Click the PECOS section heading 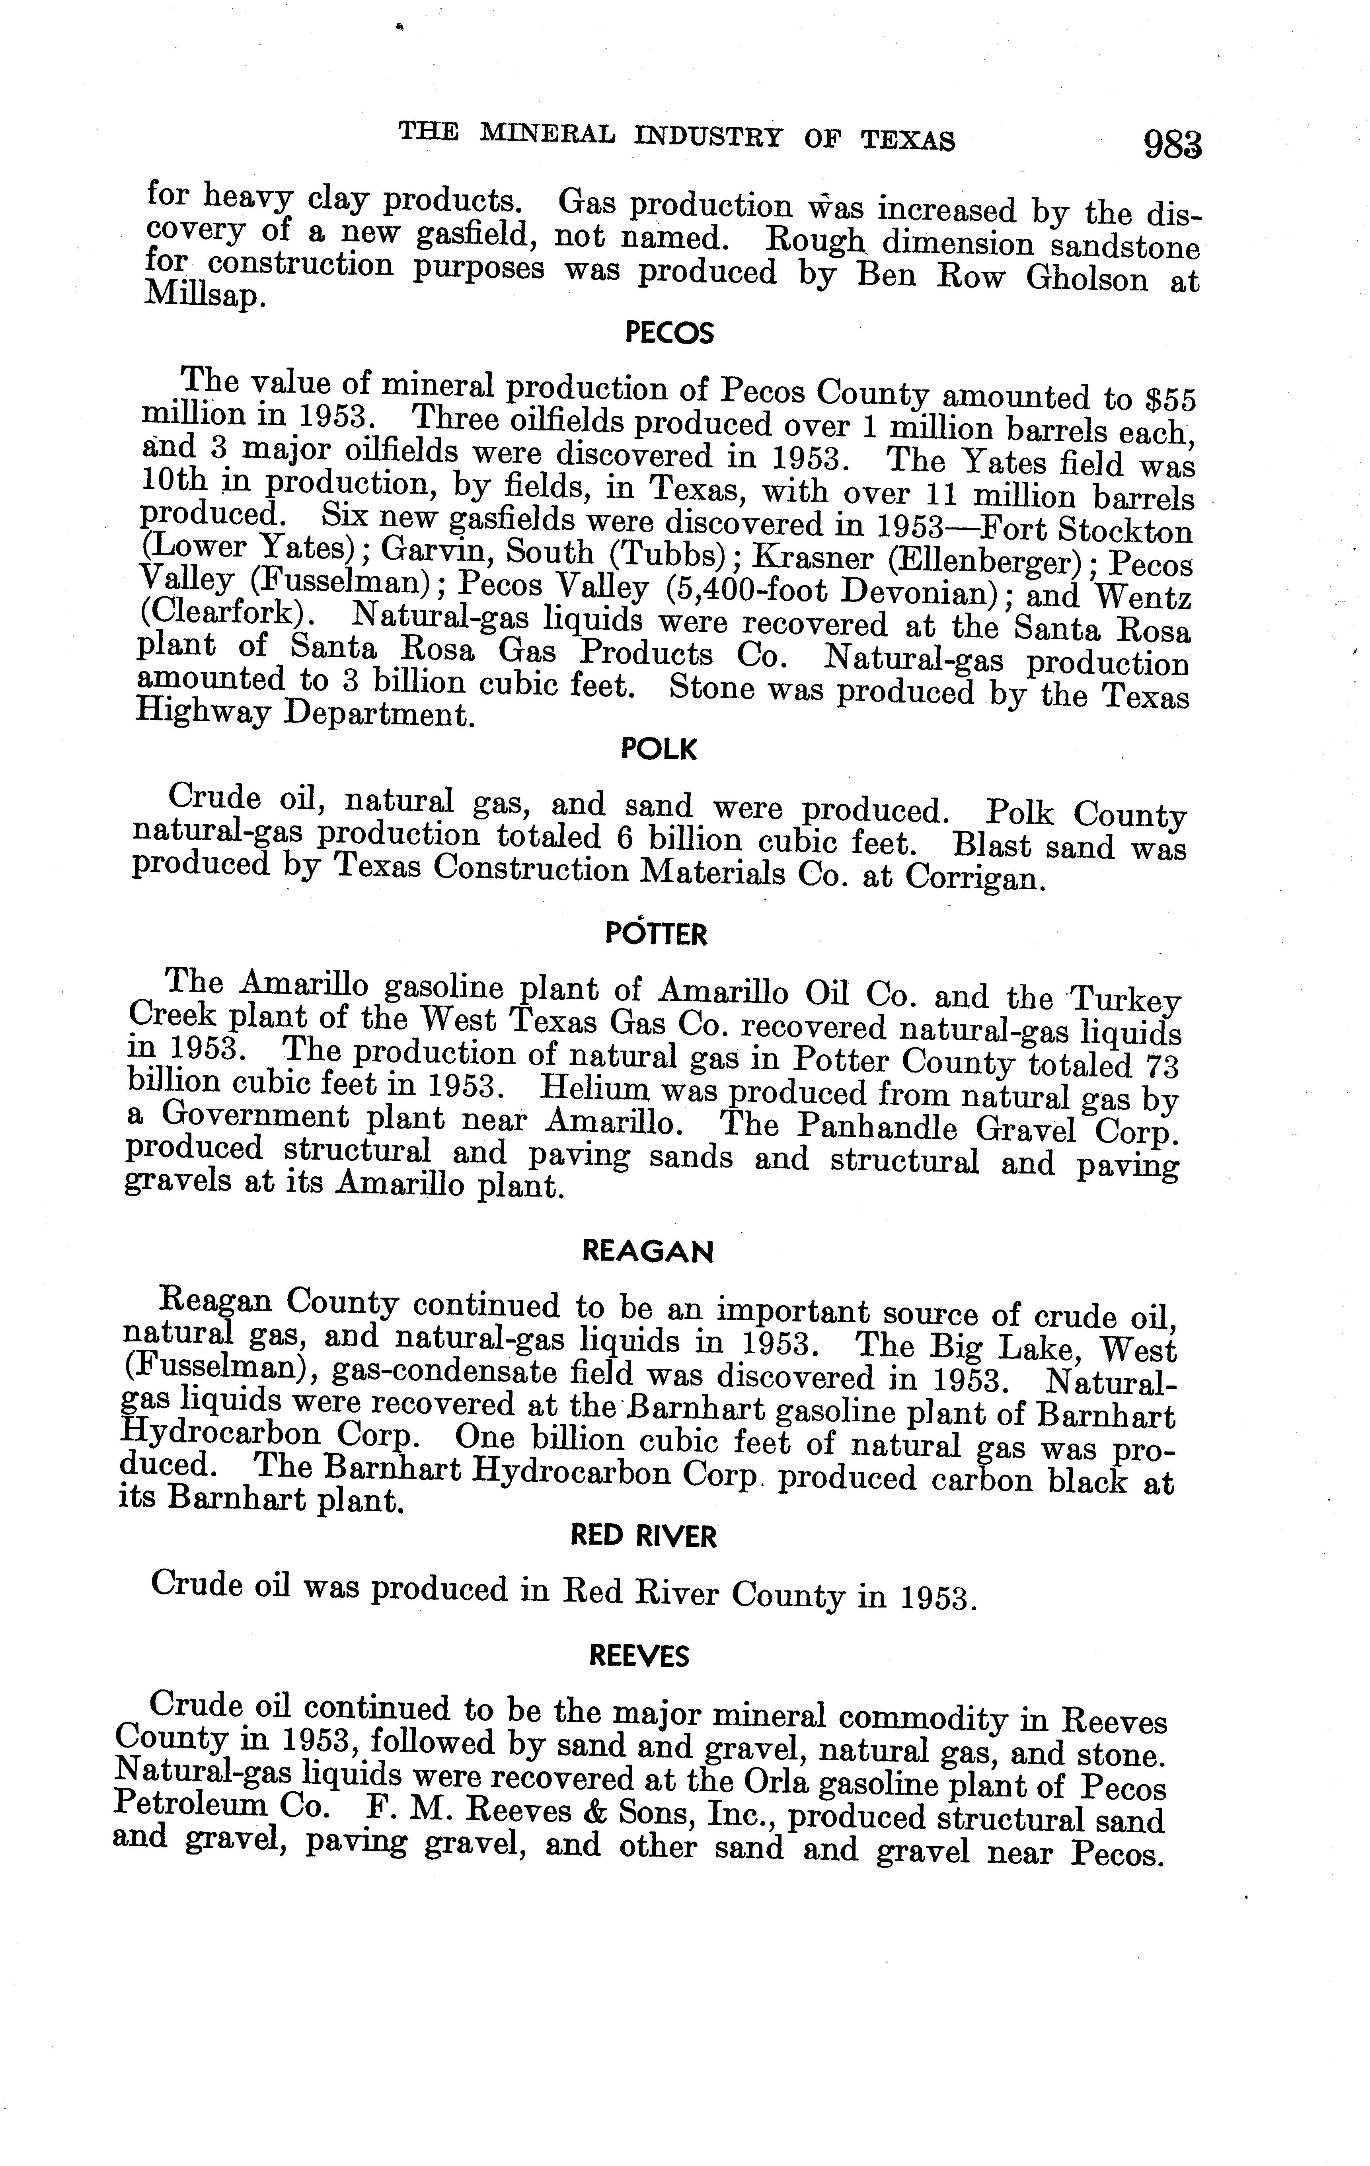click(668, 335)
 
